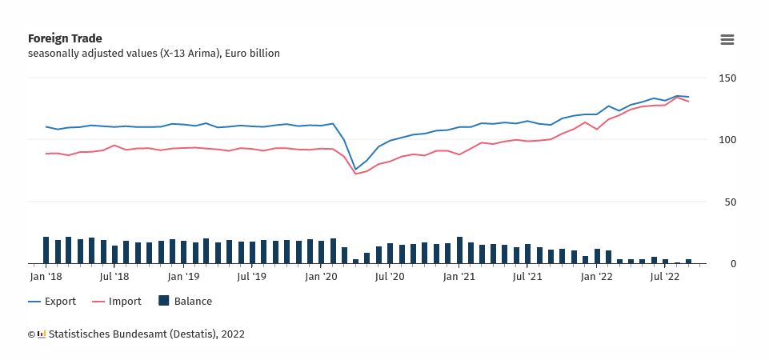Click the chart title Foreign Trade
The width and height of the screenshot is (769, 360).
click(65, 38)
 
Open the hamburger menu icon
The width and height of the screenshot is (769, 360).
click(727, 40)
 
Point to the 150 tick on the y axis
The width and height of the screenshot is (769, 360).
click(727, 78)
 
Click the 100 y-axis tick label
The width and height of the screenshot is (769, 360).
click(727, 140)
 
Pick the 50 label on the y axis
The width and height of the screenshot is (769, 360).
click(730, 202)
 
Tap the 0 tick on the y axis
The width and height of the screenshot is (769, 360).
click(733, 264)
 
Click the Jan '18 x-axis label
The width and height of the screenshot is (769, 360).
click(46, 277)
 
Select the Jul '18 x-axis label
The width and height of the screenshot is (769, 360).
click(114, 277)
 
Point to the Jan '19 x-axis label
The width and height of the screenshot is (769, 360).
click(183, 277)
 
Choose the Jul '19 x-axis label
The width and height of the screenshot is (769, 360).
click(252, 277)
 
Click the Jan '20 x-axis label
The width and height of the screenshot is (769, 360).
click(322, 277)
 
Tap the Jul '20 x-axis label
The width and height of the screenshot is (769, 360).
click(390, 277)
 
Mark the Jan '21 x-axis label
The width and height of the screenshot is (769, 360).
click(459, 277)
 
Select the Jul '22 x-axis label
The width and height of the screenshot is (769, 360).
click(665, 277)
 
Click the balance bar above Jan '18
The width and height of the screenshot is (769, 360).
click(46, 250)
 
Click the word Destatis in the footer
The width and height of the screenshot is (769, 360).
click(189, 334)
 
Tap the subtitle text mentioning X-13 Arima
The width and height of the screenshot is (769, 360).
click(154, 54)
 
